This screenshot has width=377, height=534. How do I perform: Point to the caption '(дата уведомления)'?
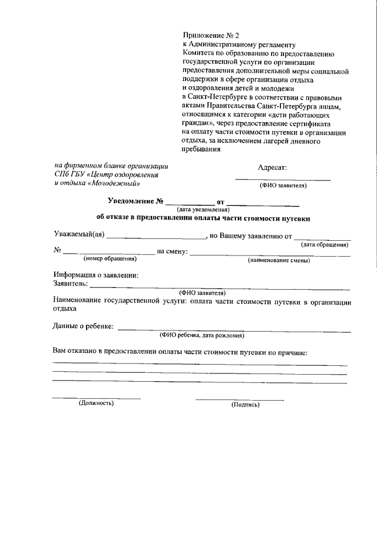click(203, 210)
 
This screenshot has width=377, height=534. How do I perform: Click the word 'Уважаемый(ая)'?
click(79, 237)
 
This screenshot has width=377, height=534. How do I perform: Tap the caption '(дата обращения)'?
click(325, 244)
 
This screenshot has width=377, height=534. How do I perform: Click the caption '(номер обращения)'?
click(110, 258)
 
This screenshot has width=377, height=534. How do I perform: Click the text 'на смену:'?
click(173, 252)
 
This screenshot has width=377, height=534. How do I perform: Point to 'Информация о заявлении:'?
click(96, 276)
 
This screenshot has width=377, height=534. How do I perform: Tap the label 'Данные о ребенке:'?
click(84, 326)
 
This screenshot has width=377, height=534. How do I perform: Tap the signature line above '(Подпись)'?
click(239, 399)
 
